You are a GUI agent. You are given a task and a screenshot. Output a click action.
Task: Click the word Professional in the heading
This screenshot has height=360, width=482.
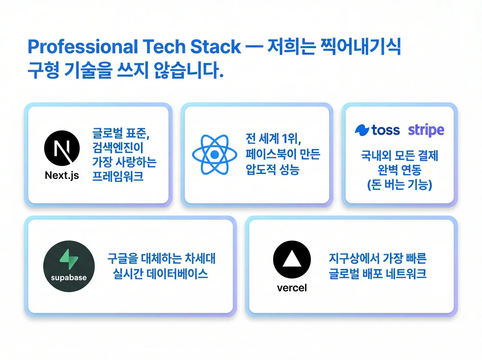click(83, 47)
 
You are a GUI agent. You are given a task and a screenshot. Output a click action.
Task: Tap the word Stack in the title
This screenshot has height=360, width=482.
click(215, 47)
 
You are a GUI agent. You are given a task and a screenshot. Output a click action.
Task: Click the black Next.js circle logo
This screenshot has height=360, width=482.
click(62, 148)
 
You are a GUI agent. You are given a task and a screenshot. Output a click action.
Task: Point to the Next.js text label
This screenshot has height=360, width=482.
click(62, 175)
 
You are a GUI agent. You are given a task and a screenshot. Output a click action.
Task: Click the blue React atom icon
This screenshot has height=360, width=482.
click(215, 155)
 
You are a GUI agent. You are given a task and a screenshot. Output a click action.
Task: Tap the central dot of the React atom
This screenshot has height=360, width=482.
click(215, 155)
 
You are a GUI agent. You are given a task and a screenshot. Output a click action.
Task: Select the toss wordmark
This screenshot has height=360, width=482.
click(386, 130)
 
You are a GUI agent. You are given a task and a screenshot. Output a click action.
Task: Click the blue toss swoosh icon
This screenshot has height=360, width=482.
click(362, 130)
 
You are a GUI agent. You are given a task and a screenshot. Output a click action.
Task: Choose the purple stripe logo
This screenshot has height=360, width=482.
click(426, 130)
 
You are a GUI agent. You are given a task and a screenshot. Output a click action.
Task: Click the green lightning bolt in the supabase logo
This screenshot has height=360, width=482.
click(69, 259)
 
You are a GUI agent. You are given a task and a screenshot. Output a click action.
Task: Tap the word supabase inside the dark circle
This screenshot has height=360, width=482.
click(69, 278)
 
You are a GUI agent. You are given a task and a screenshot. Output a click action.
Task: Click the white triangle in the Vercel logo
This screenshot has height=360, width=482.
click(292, 259)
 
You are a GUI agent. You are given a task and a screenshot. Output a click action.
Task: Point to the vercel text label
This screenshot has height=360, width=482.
click(292, 288)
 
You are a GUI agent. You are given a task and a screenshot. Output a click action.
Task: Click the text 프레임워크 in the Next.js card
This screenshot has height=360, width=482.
click(118, 176)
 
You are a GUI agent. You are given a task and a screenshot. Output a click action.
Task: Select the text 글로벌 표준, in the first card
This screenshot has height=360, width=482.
click(121, 133)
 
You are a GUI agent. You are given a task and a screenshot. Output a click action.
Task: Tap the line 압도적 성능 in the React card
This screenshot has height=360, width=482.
click(272, 169)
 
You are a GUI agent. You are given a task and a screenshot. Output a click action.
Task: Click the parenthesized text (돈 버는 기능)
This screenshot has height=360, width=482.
click(399, 184)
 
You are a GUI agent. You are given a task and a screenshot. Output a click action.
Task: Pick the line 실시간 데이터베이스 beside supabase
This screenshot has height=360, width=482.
click(160, 273)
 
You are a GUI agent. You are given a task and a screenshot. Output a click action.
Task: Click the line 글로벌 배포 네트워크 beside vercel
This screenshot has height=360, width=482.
click(378, 273)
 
